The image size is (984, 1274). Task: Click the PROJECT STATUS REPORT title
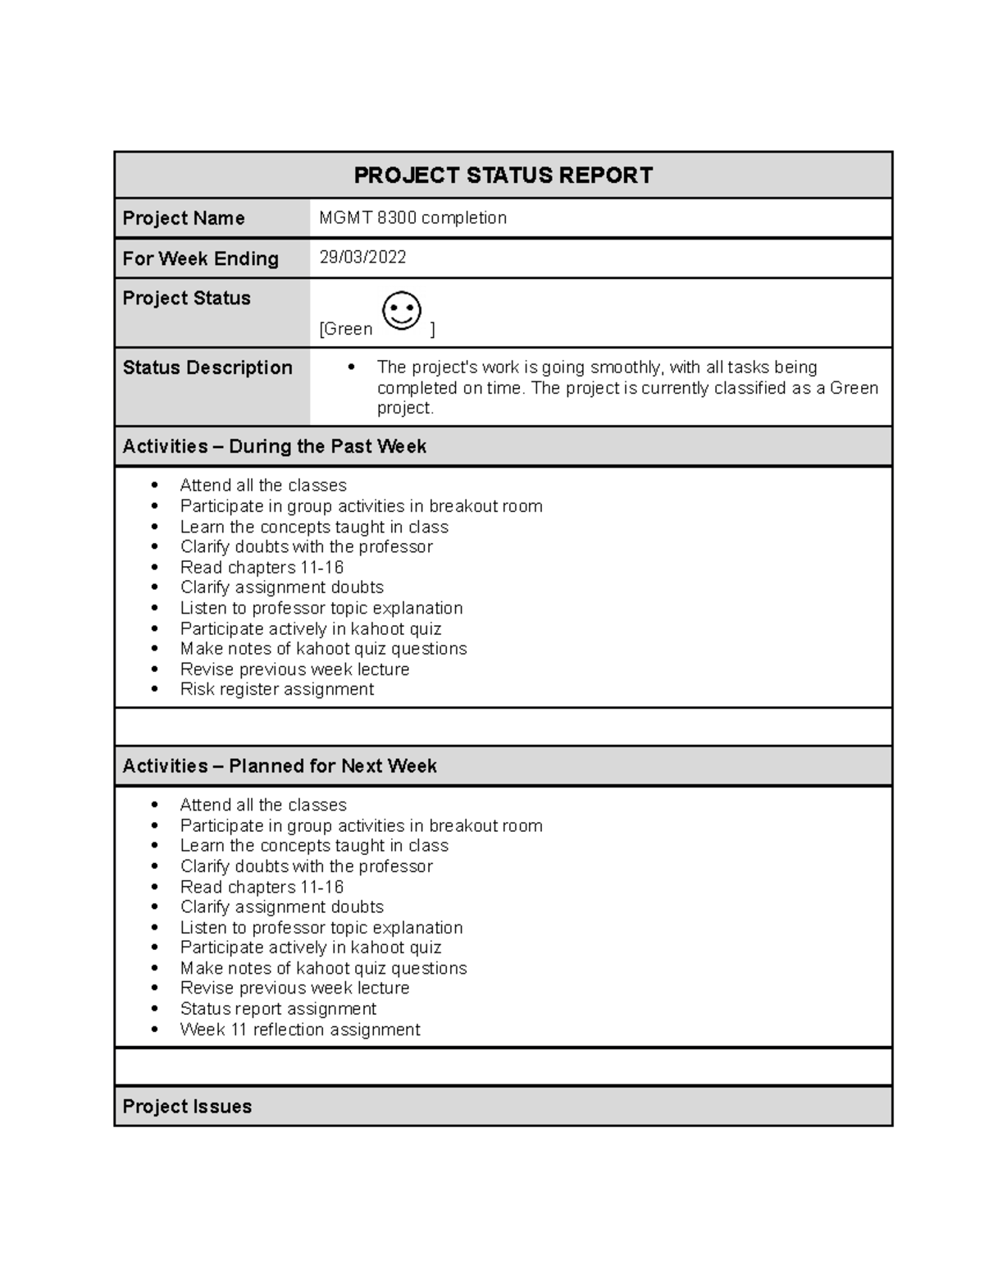503,176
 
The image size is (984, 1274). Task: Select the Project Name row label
184,218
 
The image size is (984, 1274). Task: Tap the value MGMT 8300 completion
412,218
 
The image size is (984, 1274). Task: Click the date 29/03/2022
362,258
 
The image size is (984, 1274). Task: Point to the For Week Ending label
200,258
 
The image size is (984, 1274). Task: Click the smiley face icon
402,311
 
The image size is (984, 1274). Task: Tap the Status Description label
207,368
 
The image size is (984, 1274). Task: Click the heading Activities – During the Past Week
274,446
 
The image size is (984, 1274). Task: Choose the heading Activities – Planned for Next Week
279,766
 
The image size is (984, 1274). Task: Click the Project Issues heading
187,1107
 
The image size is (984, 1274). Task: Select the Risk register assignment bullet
276,689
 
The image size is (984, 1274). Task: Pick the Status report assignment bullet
278,1009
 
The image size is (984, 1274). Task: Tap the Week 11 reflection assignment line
299,1030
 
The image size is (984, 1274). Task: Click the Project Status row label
186,299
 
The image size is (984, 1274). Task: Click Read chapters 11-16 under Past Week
262,568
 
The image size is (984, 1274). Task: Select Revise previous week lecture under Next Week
294,989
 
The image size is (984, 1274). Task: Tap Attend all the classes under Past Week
263,486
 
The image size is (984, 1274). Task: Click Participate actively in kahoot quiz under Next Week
310,948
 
